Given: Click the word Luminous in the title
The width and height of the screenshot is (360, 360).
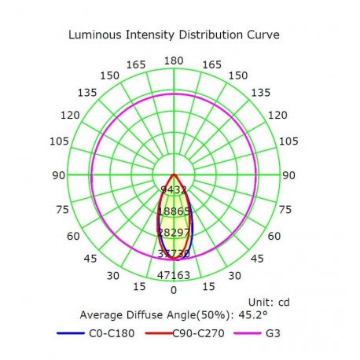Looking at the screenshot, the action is pyautogui.click(x=95, y=35).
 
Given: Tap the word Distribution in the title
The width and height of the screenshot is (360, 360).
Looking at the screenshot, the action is pyautogui.click(x=211, y=35).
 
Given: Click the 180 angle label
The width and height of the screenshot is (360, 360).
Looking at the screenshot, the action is pyautogui.click(x=174, y=61).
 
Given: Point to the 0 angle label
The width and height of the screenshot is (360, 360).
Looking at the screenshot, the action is pyautogui.click(x=174, y=290).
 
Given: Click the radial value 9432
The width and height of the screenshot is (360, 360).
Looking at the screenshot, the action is pyautogui.click(x=174, y=189).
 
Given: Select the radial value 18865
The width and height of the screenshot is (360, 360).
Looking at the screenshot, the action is pyautogui.click(x=174, y=211).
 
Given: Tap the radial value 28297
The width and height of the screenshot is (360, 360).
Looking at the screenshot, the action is pyautogui.click(x=174, y=233).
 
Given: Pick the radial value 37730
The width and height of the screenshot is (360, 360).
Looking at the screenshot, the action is pyautogui.click(x=174, y=254).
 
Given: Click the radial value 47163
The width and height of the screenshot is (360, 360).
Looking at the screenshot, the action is pyautogui.click(x=174, y=275).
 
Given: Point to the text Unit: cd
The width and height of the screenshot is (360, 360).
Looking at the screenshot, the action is pyautogui.click(x=269, y=303).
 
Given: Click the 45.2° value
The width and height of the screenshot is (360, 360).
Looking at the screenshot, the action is pyautogui.click(x=253, y=314).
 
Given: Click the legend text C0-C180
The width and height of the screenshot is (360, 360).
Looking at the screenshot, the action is pyautogui.click(x=112, y=333).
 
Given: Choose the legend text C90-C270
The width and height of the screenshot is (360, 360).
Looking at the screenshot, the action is pyautogui.click(x=198, y=333).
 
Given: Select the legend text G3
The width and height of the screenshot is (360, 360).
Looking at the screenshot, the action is pyautogui.click(x=273, y=333).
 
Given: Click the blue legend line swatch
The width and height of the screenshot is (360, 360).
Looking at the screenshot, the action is pyautogui.click(x=71, y=333).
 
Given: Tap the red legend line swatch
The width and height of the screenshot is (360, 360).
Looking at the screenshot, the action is pyautogui.click(x=159, y=333).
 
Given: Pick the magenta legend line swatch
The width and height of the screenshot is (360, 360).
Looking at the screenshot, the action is pyautogui.click(x=248, y=333).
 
